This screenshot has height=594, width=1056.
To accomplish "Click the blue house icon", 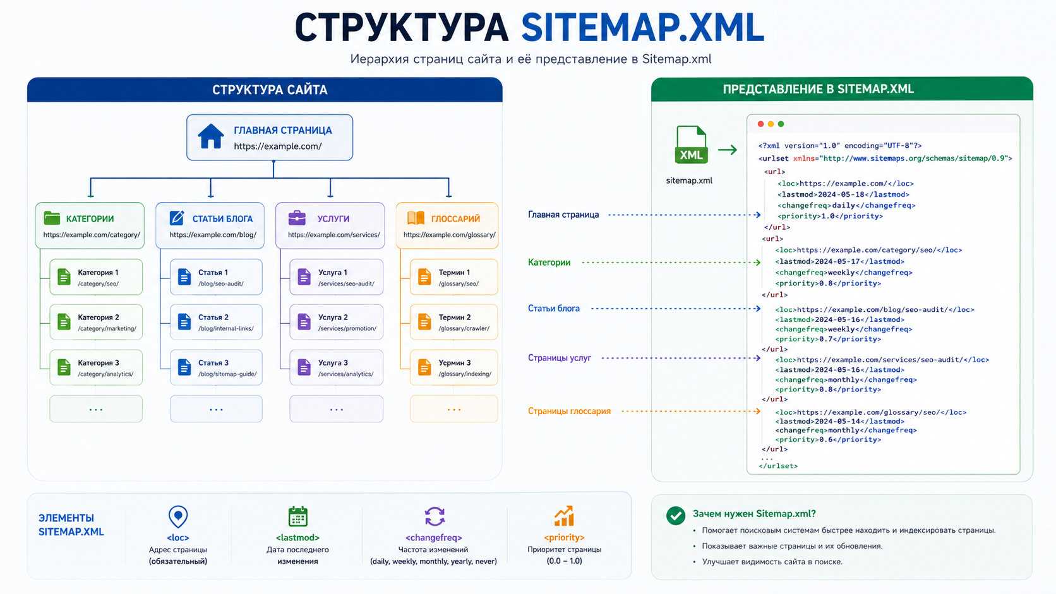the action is coord(211,136).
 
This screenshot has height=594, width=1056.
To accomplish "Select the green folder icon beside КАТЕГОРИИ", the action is coord(52,218).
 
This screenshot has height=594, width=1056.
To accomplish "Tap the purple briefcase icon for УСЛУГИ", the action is coord(297,218).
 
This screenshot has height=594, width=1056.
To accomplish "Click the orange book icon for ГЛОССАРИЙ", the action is coord(416,218).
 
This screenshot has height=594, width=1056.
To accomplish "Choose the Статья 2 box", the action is coord(216,322).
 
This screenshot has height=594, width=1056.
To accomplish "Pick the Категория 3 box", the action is coord(96,367).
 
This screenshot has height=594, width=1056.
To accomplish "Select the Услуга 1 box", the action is coord(336,277).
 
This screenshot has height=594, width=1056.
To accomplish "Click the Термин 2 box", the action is coord(453,322).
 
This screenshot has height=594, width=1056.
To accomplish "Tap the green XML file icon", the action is coord(691,145).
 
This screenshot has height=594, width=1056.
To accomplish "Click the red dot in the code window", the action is coord(760,124).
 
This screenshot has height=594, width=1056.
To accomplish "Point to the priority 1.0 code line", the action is coord(830,217).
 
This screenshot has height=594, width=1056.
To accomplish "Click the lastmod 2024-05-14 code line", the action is coord(839,421).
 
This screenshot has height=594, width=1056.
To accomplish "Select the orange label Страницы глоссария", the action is coord(569,411).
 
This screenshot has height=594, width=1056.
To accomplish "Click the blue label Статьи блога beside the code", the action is coord(553,309).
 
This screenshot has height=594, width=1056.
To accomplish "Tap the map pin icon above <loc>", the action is coord(178,517).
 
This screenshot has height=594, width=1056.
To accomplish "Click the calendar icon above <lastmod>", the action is coord(298,516).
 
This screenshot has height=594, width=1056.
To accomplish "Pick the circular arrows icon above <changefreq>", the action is coord(434,516).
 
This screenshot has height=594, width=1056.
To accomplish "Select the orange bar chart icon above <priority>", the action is coord(564,516).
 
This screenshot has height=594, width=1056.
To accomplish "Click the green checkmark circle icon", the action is coord(676,515).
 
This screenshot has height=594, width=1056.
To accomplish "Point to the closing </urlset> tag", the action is coord(778,466).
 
